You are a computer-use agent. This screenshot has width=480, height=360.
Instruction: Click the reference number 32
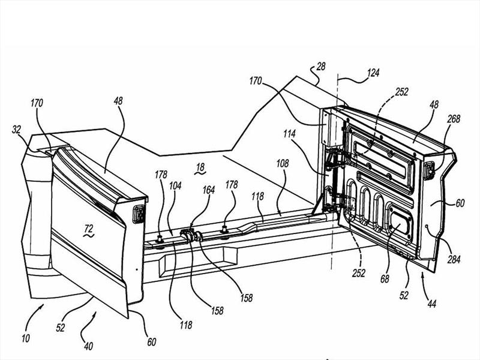17,130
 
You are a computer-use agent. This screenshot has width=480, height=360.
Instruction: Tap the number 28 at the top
321,67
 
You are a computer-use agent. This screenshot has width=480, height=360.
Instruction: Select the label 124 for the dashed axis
373,73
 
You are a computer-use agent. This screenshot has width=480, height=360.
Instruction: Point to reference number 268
454,119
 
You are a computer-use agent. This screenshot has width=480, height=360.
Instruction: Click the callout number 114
289,134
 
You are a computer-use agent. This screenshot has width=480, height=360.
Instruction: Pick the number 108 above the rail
282,163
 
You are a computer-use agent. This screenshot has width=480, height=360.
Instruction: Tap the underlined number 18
200,168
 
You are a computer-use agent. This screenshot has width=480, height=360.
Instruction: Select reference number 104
175,186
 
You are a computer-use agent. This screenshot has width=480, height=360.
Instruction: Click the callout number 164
208,190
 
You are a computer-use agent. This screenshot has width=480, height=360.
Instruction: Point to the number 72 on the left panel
89,229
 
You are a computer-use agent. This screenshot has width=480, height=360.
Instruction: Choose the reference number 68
385,278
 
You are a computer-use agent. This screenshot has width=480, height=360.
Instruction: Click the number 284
454,260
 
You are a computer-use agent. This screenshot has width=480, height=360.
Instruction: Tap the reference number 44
431,304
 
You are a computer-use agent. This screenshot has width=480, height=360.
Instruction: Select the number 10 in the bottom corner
26,338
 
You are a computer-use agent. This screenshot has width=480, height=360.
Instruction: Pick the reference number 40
88,346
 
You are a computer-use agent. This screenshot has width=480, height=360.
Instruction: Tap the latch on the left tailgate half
139,214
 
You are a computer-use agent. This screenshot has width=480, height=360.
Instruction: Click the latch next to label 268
429,170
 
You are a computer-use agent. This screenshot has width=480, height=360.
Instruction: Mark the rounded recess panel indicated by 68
400,221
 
